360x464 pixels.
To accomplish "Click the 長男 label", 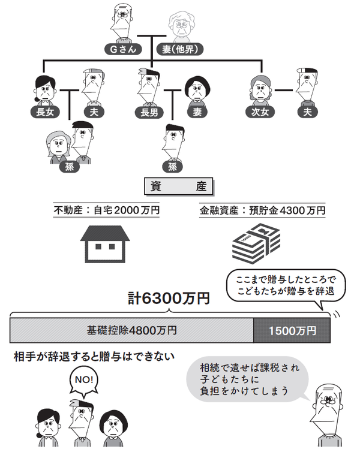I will [x=148, y=112].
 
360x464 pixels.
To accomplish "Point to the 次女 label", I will [x=257, y=112].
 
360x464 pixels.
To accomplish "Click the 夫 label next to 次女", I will [x=308, y=112].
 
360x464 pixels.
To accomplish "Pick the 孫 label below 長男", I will [x=173, y=167].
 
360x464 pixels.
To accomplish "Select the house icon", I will [x=106, y=243].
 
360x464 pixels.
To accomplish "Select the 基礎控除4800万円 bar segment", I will [x=132, y=330].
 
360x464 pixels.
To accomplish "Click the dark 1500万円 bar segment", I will [x=292, y=330].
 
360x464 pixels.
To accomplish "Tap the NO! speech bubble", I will [x=85, y=380].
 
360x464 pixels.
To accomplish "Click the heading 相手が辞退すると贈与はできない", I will [x=94, y=357].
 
